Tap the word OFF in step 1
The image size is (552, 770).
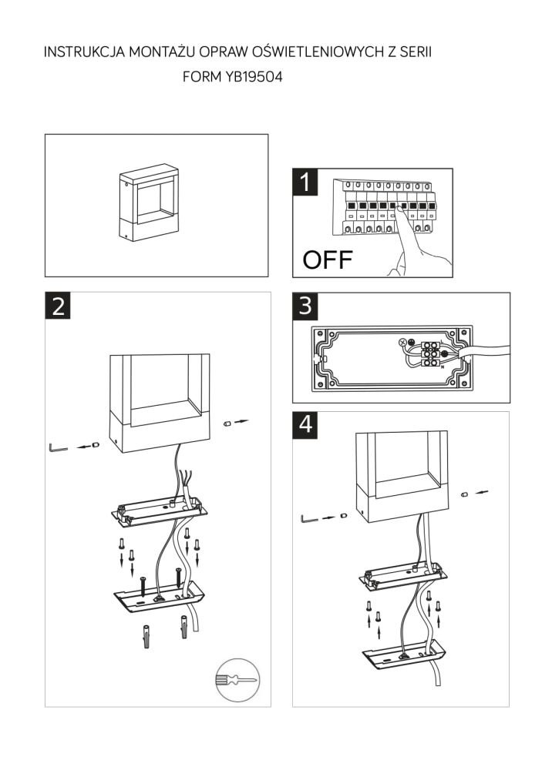tap(327, 259)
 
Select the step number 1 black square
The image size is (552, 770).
tap(306, 182)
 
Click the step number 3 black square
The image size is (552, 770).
tap(306, 306)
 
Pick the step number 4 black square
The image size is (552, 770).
tap(306, 426)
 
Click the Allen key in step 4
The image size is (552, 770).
tap(308, 517)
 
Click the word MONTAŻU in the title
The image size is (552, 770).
tap(160, 52)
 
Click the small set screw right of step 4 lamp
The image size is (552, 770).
tap(465, 494)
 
